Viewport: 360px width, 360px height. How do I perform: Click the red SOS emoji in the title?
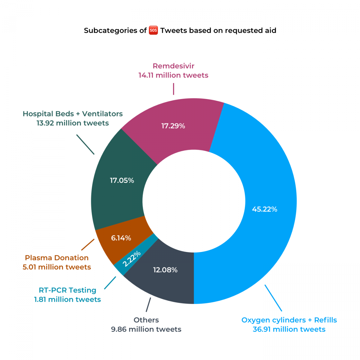153,30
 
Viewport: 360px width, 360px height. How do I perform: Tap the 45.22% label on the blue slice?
265,209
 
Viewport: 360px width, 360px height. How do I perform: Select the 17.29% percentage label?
173,126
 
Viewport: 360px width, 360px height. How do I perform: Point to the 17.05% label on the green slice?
122,181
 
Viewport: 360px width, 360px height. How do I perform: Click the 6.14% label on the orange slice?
121,238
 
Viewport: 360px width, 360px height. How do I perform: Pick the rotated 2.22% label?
132,259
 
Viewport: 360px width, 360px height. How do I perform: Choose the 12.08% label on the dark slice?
165,270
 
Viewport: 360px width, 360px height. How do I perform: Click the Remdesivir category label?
174,66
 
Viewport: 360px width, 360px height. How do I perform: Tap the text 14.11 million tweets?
173,75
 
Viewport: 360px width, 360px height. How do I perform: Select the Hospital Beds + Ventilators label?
73,114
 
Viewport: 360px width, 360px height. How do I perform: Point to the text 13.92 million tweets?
73,123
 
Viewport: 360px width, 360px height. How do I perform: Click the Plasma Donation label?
57,258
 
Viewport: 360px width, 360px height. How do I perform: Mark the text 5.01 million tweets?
57,267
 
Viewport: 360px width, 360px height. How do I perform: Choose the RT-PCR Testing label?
67,290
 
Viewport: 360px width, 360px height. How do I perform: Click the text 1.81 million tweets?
67,299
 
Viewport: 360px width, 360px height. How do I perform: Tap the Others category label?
146,320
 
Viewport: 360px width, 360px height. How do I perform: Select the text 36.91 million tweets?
289,329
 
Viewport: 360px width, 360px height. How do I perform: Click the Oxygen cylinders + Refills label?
289,320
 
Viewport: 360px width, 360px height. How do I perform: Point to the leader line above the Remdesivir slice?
174,89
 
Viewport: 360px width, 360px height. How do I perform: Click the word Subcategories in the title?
111,31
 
